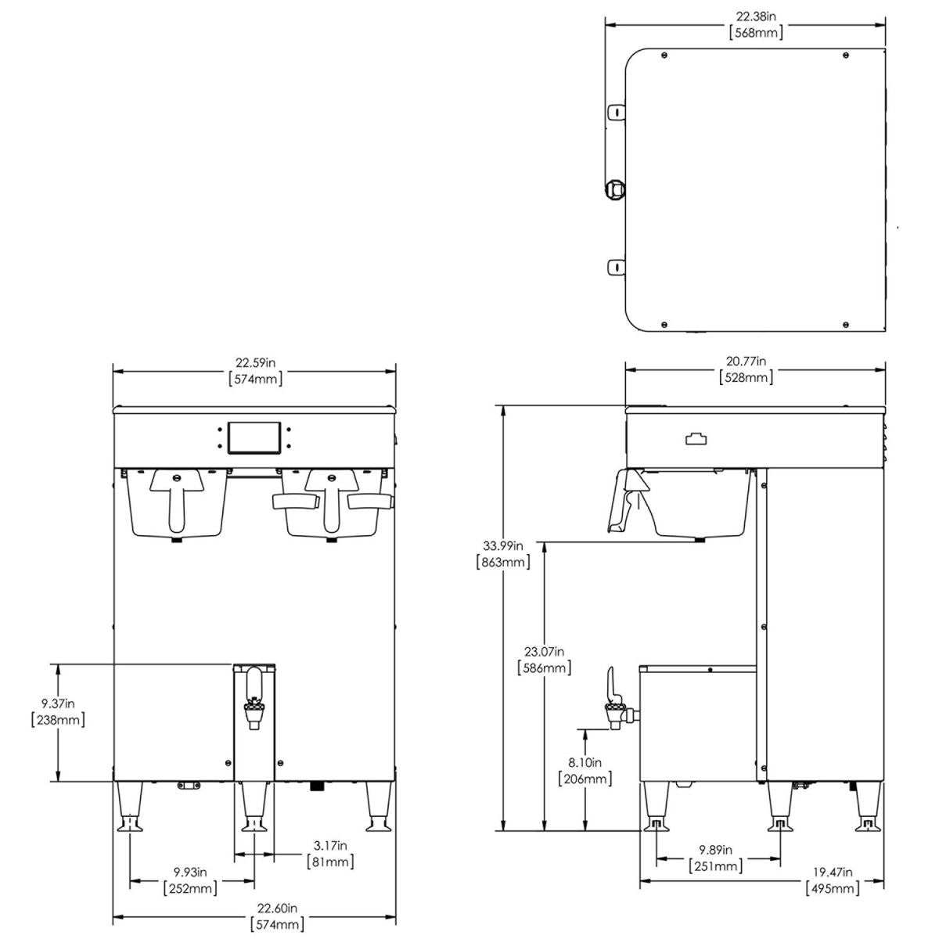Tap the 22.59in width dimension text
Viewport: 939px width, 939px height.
[x=254, y=362]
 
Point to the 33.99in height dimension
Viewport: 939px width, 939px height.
[x=502, y=545]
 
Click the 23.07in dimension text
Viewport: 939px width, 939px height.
[x=544, y=651]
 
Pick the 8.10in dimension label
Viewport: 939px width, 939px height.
[x=585, y=762]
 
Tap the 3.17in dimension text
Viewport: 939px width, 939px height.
[x=329, y=845]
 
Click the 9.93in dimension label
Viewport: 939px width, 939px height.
[x=190, y=872]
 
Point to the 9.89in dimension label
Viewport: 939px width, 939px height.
[x=715, y=850]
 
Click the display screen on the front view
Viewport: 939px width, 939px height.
[x=253, y=437]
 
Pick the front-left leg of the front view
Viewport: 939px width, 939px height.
[x=129, y=806]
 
